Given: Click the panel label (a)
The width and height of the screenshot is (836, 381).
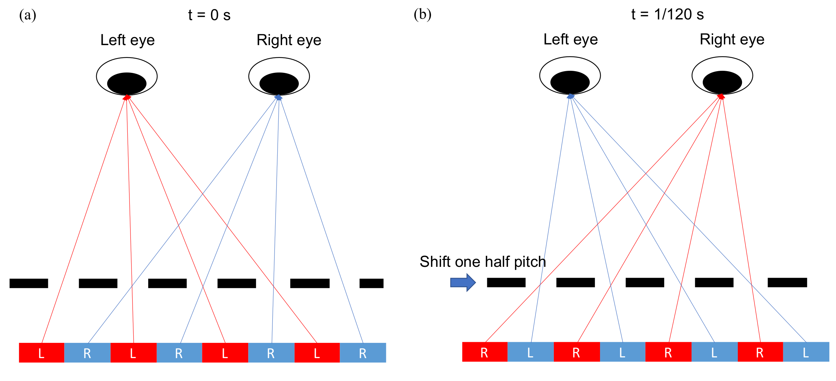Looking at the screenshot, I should point(28,15).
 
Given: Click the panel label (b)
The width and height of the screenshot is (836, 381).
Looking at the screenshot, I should point(422,15).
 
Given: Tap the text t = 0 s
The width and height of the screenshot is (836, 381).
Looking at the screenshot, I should point(209,15).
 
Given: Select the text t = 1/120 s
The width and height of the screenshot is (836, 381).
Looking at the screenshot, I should point(667,15).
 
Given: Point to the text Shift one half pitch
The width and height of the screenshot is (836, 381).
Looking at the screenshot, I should point(483,262).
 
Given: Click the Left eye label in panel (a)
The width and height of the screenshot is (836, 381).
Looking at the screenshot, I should point(127,40).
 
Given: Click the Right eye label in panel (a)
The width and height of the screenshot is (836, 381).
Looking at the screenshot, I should point(289,40).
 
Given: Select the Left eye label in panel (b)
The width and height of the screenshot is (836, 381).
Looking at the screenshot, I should point(571,40).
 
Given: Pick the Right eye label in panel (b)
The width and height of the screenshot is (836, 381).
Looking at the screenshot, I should point(732,40).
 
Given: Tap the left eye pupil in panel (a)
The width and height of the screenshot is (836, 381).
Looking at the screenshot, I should point(127,83).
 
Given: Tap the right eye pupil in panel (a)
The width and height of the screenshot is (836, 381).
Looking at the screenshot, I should point(279,83).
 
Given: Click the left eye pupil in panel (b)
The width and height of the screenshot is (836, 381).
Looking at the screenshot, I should point(570,82).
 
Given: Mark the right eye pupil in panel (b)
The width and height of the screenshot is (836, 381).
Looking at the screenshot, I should point(722,82).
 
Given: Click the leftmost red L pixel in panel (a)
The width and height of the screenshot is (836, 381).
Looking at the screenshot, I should point(42,353).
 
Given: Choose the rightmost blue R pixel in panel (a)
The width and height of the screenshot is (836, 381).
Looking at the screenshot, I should point(363,353).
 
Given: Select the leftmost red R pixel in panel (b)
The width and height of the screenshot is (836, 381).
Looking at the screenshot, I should point(484,352).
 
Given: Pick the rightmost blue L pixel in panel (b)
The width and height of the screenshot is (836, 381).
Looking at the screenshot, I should point(806,352).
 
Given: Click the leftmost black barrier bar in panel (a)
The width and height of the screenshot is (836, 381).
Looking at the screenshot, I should point(29,283).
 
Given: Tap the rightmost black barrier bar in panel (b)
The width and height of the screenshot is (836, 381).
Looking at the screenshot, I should point(787,282).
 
